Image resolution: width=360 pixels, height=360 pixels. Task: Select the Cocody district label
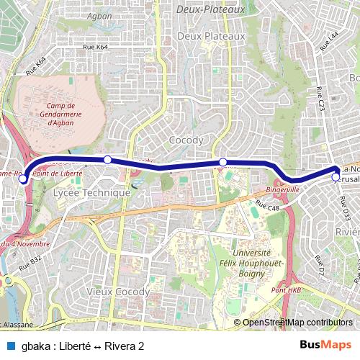coord(185,140)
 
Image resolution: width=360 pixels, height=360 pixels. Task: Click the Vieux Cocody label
coord(118,292)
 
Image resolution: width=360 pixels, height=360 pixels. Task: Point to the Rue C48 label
coord(266,209)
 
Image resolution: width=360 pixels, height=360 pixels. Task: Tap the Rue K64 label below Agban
coord(96,47)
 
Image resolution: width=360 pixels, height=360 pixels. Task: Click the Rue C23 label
coord(321,99)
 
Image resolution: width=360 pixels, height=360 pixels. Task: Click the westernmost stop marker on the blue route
coord(23,179)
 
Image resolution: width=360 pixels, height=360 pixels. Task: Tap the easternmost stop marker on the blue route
coord(336,176)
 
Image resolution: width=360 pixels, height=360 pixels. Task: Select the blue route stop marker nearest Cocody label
coord(223,162)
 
